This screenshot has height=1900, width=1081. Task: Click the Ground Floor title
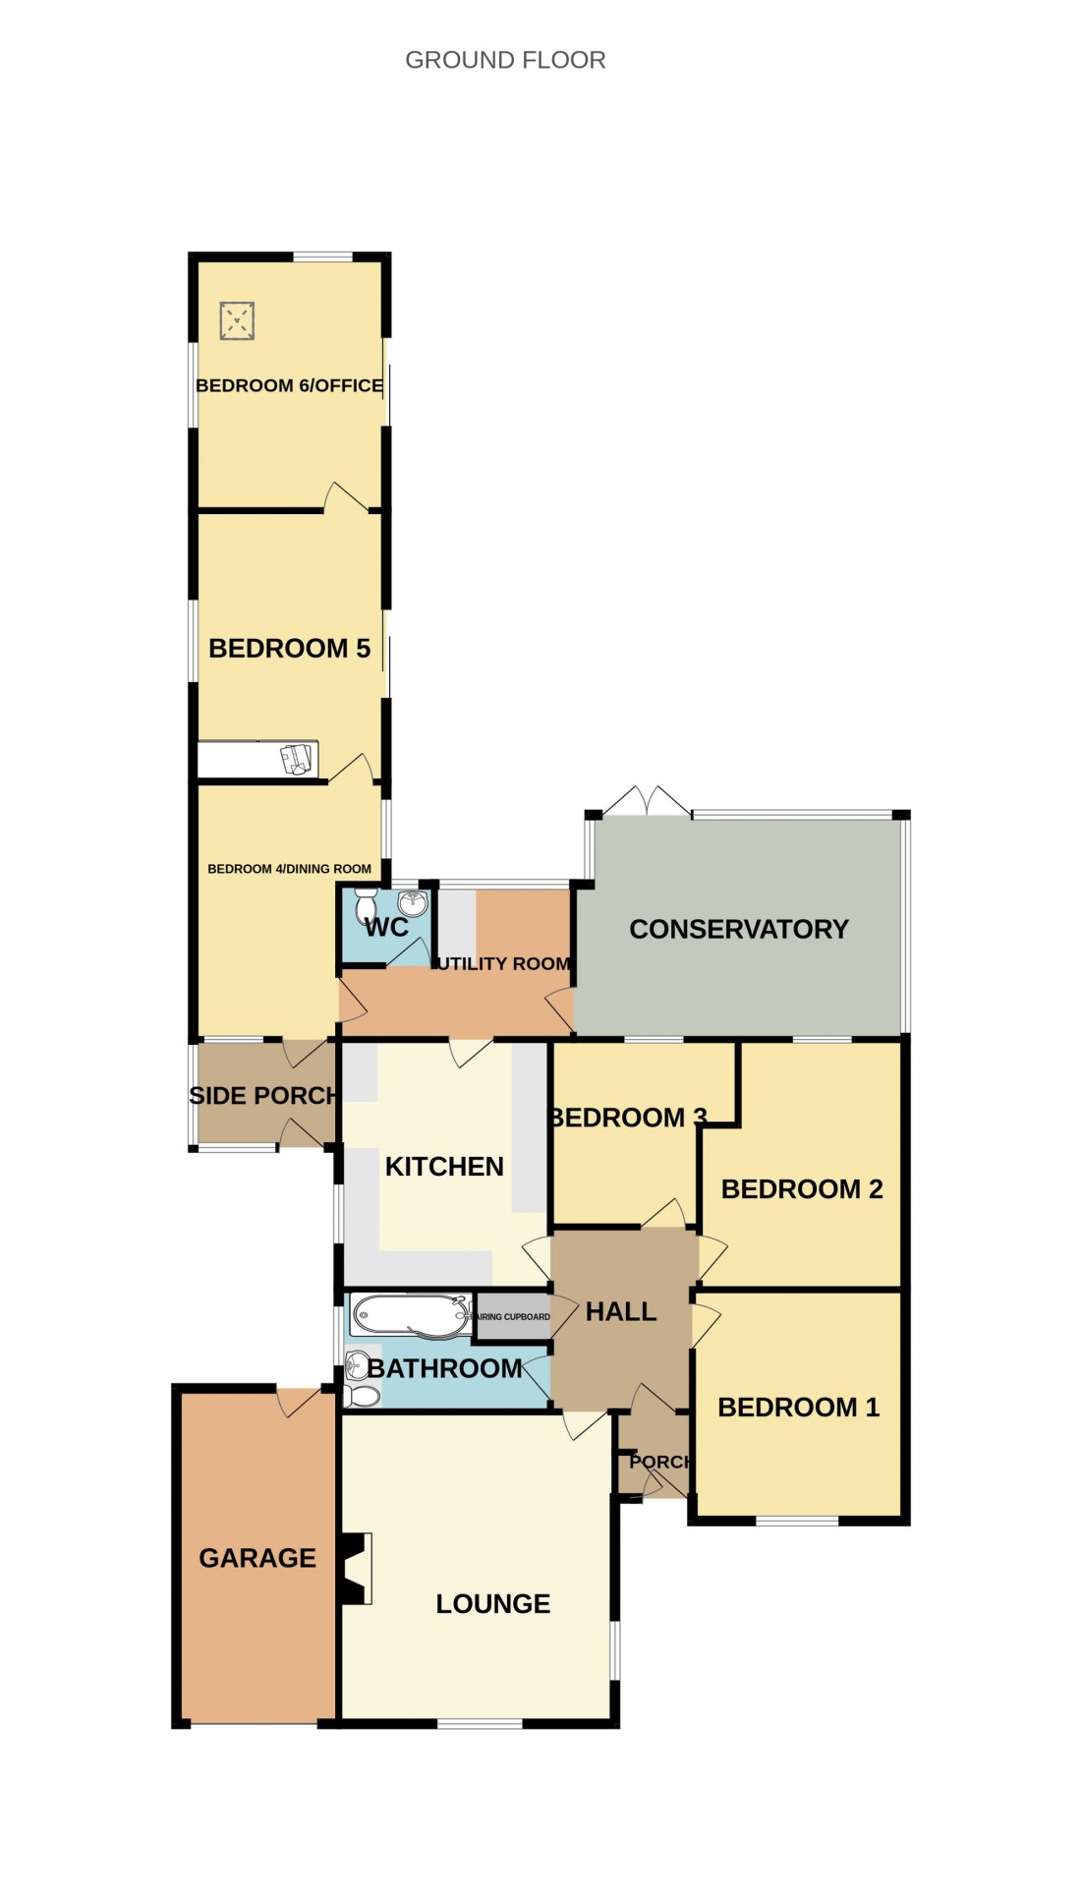pos(505,60)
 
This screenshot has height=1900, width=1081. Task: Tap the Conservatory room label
pos(738,929)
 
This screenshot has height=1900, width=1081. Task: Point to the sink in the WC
pos(413,903)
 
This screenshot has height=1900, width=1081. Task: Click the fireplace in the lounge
pos(356,1568)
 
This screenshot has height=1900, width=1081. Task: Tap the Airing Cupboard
pos(512,1316)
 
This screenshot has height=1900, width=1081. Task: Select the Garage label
pos(257,1558)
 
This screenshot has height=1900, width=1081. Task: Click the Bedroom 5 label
pos(289,648)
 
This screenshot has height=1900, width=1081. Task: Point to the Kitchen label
pos(444,1166)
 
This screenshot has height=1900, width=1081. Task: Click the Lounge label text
pos(492,1603)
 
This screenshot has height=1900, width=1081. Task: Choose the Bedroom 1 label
pos(798,1407)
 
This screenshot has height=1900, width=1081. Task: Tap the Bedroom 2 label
pos(802,1188)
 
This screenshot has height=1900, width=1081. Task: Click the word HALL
pos(620,1311)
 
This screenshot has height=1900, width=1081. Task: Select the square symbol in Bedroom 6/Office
pos(237,320)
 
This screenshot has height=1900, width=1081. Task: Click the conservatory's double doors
pos(647,800)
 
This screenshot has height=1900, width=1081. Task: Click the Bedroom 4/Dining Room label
pos(289,869)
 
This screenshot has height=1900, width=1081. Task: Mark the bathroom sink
pos(358,1362)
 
